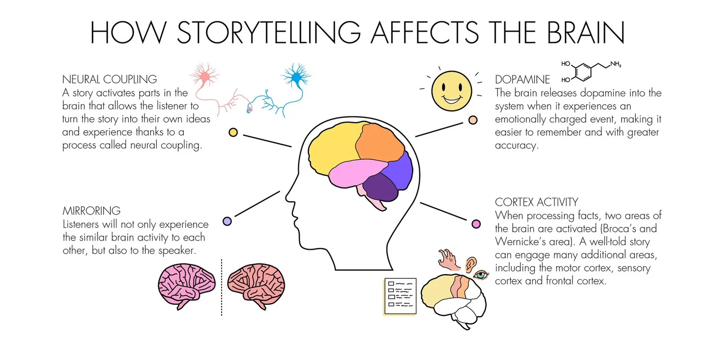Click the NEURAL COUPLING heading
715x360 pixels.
[109, 79]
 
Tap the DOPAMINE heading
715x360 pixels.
[522, 79]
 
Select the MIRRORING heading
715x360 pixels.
[91, 210]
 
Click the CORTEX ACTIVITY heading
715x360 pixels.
[537, 202]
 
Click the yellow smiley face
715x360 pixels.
[451, 91]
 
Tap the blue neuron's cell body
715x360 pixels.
[297, 77]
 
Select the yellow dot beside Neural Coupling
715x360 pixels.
[233, 132]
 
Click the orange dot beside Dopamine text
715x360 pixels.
[473, 120]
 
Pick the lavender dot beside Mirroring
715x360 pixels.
[227, 221]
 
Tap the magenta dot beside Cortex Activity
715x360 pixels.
[476, 224]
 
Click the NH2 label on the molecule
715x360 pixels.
[616, 64]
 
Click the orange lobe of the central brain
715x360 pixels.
[380, 142]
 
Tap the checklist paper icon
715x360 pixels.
[400, 297]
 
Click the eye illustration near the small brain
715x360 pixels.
[481, 275]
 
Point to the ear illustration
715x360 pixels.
[471, 264]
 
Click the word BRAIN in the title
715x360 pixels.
[586, 33]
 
